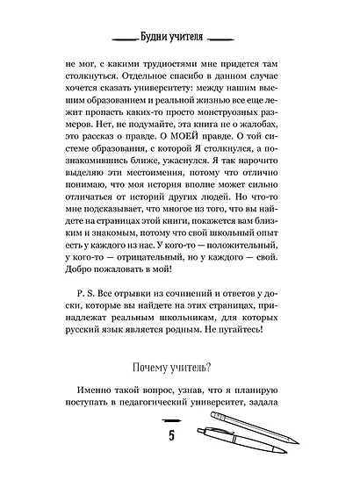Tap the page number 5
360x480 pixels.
click(181, 436)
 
